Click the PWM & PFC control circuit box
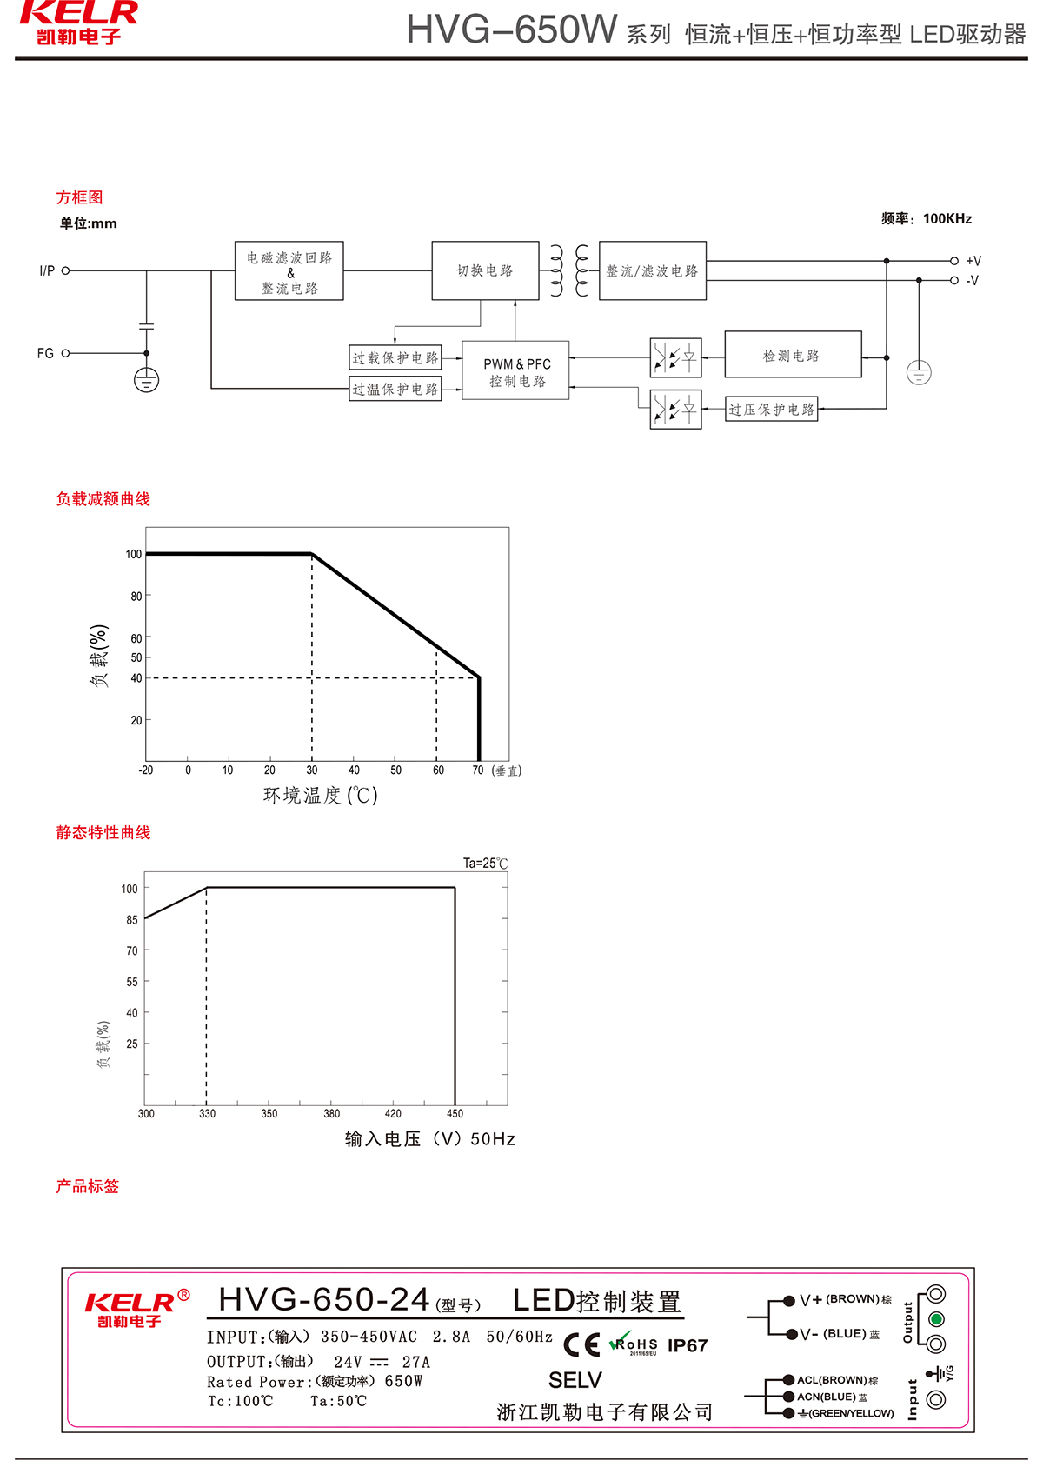tap(515, 371)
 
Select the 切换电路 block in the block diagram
tap(485, 270)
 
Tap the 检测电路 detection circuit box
tap(792, 355)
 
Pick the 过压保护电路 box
tap(771, 409)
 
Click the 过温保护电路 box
tap(395, 389)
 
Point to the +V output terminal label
tap(973, 261)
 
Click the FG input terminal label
tap(45, 353)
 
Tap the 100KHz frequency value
tap(947, 218)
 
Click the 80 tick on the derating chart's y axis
tap(136, 597)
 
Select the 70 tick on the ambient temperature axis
tap(478, 770)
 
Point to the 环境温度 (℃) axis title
tap(321, 796)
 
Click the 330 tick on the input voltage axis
tap(207, 1113)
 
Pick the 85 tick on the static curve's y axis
tap(132, 920)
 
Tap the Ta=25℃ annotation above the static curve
tap(485, 864)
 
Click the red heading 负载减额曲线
tap(103, 499)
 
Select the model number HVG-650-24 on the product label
tap(324, 1300)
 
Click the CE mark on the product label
tap(581, 1345)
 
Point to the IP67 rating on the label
tap(688, 1346)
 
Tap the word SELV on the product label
tap(575, 1380)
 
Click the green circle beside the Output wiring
tap(936, 1319)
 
